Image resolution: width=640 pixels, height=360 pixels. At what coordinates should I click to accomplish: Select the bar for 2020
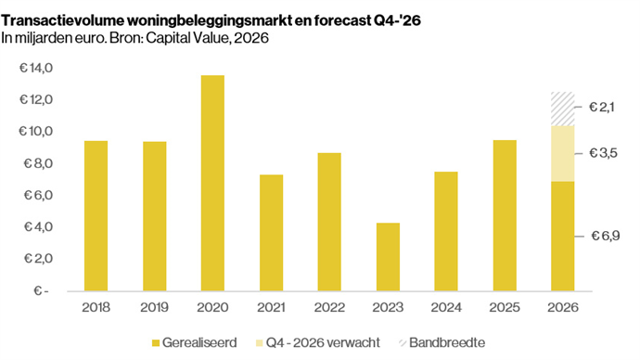point(212,183)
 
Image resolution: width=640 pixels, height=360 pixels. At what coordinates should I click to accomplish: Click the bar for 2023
point(388,257)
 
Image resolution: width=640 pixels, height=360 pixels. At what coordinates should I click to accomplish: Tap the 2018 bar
point(96,216)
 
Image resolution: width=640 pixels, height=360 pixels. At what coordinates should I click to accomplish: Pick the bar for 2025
point(505,215)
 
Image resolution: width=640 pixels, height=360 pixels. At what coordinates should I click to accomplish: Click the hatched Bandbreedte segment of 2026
point(562,109)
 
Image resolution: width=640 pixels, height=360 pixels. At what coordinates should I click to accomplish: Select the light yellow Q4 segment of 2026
point(562,153)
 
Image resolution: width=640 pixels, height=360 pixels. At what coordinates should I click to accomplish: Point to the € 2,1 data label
point(601,107)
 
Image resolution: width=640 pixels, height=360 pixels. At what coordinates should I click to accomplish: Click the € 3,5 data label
point(603,153)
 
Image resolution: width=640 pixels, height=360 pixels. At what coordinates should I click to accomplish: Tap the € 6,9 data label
point(606,236)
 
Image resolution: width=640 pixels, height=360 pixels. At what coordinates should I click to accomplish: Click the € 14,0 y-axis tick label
point(36,68)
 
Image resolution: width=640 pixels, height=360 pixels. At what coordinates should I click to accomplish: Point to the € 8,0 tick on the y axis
point(38,163)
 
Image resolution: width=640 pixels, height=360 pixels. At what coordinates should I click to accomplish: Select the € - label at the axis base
point(41,290)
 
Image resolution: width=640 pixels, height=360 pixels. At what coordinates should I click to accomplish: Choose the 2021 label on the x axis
point(271,307)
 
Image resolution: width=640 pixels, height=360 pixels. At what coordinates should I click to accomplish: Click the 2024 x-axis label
point(446,307)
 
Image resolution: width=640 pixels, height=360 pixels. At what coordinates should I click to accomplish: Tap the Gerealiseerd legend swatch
point(156,343)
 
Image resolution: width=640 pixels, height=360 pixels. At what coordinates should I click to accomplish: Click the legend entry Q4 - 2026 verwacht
point(318,342)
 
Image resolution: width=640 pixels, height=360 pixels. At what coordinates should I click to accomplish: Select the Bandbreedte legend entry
point(442,342)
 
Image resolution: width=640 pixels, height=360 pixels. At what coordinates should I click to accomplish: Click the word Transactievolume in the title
point(63,20)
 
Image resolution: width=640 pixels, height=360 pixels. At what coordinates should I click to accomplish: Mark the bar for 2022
point(329,222)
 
